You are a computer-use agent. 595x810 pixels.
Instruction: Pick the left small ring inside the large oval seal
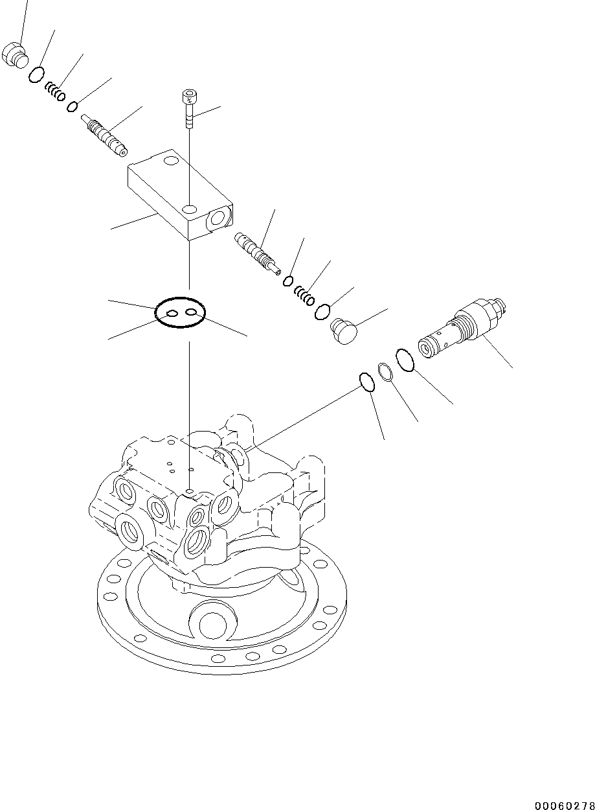point(172,314)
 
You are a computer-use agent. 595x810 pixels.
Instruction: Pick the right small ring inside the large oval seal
point(191,313)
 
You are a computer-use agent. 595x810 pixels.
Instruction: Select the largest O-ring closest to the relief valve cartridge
point(405,360)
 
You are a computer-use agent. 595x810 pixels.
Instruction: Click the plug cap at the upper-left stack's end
point(16,54)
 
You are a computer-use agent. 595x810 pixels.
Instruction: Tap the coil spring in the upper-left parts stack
point(55,91)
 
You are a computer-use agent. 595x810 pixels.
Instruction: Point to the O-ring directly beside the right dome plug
point(322,312)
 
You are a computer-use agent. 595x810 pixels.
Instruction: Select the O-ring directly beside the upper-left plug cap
point(37,75)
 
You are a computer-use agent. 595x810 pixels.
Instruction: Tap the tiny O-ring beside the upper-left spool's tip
point(74,106)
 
